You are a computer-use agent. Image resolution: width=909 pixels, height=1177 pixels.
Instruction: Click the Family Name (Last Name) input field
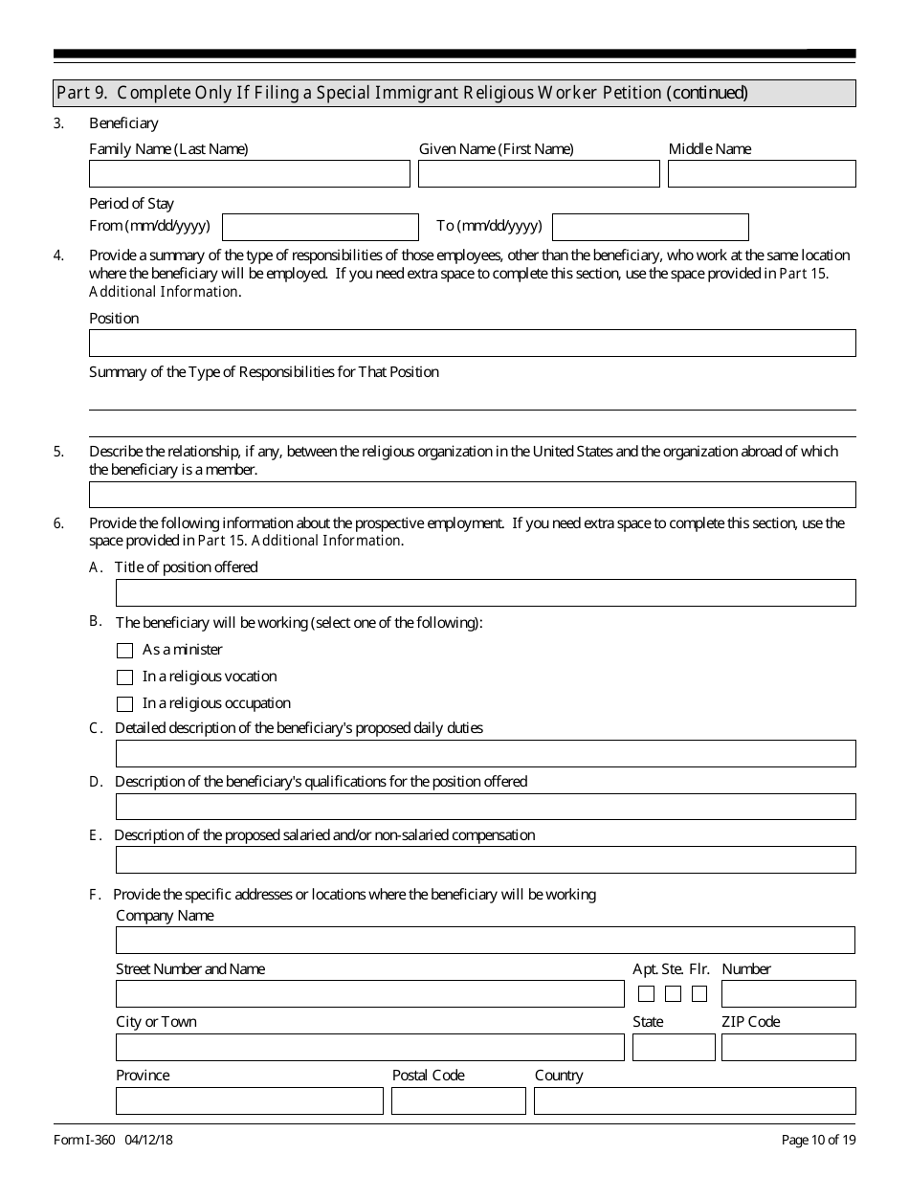(249, 173)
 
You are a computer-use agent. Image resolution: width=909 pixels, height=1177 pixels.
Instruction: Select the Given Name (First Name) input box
(539, 173)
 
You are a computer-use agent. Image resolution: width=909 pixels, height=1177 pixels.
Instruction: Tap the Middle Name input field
(762, 173)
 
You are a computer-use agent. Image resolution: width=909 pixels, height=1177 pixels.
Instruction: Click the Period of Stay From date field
(320, 227)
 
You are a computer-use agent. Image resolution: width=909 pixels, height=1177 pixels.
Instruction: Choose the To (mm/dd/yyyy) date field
(651, 227)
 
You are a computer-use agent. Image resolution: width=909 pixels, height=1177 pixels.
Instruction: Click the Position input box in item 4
(472, 344)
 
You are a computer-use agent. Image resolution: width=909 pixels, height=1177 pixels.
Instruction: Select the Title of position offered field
(485, 593)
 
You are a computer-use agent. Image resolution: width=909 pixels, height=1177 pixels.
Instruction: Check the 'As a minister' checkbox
(124, 651)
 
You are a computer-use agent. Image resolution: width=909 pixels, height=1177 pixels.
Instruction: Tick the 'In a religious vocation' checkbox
(124, 677)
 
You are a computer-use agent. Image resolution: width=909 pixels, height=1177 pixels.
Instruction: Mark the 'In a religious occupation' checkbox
(124, 704)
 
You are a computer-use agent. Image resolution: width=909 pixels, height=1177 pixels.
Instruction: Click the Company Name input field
(485, 941)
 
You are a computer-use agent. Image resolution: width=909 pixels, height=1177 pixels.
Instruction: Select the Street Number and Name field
(369, 994)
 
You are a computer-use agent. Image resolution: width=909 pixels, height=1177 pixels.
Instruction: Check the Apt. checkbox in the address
(647, 993)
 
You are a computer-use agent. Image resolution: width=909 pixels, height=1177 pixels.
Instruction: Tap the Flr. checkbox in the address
(699, 993)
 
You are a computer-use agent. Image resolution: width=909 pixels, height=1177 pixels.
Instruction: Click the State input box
(674, 1048)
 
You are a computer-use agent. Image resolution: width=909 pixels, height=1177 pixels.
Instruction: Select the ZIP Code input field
(788, 1048)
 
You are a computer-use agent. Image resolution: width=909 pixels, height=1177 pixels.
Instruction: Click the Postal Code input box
(458, 1101)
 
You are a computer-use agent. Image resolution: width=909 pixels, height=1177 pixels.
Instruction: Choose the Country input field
(695, 1101)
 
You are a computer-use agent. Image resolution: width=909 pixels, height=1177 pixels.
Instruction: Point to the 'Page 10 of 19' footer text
(818, 1140)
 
